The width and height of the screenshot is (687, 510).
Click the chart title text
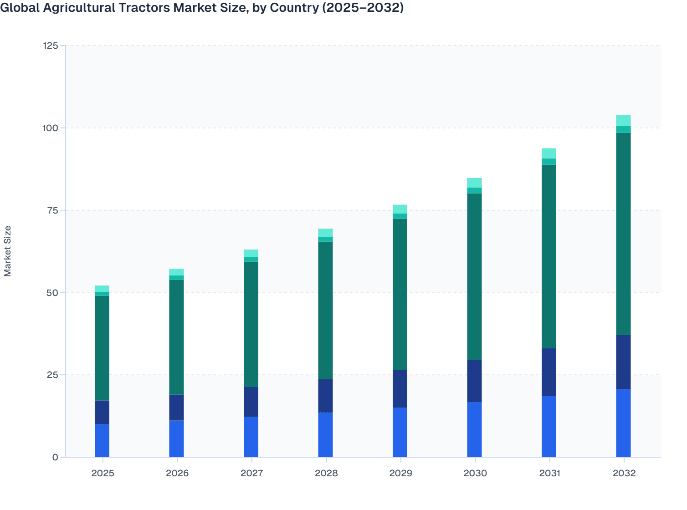pos(202,8)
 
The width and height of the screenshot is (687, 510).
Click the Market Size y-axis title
pos(8,251)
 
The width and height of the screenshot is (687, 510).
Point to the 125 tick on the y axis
pos(50,46)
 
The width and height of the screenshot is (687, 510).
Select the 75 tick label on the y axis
pos(52,210)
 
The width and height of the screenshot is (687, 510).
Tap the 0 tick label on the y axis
pos(55,457)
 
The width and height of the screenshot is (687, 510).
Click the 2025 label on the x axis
pos(103,473)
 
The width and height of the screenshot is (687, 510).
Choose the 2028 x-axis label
pos(326,473)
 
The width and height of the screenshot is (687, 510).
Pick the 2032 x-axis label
pos(624,473)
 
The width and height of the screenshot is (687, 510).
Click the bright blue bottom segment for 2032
pos(623,423)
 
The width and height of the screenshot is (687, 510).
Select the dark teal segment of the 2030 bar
pos(474,276)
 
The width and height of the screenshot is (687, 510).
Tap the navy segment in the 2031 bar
pos(549,372)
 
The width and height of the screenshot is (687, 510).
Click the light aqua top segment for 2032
pos(623,120)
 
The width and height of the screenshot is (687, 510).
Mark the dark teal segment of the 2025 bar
pos(102,348)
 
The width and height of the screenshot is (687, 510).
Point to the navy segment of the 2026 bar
pos(176,408)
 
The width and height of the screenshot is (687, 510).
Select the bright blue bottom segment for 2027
pos(251,437)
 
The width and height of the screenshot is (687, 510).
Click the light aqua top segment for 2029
pos(400,209)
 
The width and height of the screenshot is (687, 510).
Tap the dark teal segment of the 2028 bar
pos(325,310)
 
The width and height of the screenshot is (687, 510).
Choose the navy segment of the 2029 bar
pos(400,389)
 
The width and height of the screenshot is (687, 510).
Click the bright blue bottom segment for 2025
pos(102,441)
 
